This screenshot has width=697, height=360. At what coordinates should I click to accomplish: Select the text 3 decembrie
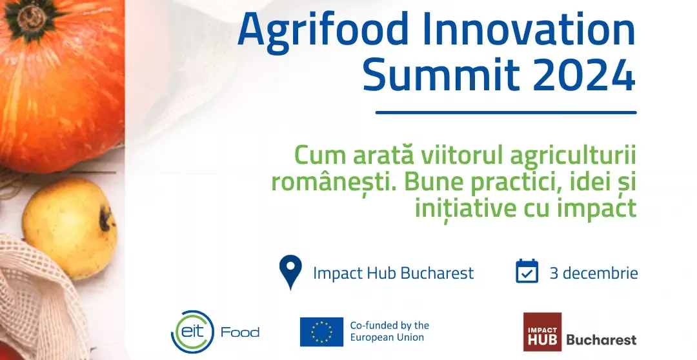point(594,273)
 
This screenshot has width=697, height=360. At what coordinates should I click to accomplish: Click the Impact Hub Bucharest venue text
point(394,273)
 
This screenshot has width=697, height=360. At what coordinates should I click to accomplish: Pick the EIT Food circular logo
point(192,332)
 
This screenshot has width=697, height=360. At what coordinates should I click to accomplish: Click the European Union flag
point(321,332)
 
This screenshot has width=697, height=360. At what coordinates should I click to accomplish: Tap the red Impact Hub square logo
point(542,332)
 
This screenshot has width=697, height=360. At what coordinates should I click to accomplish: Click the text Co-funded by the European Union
point(389,332)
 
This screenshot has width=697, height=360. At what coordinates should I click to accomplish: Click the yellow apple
point(70,228)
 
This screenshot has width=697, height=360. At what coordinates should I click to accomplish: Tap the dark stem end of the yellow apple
point(106,219)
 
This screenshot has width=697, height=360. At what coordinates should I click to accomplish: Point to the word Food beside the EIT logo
point(240,332)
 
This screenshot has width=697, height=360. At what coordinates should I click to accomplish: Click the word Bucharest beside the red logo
point(601,341)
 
